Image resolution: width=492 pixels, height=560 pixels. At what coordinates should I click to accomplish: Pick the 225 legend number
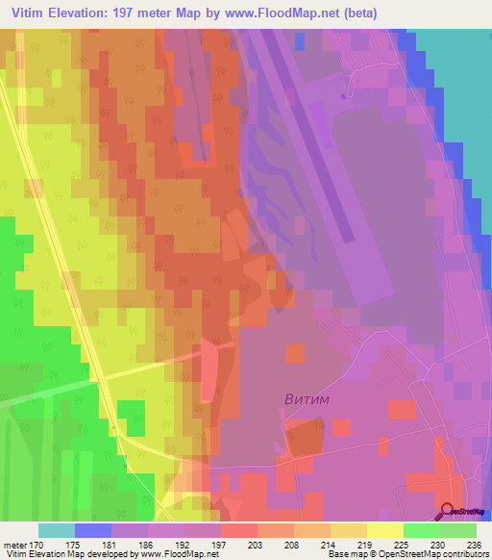(402, 544)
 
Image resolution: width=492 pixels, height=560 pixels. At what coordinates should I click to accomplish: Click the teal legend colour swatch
(56, 530)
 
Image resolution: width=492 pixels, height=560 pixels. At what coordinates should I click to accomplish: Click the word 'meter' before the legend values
(14, 544)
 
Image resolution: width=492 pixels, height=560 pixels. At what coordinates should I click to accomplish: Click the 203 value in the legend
(255, 544)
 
